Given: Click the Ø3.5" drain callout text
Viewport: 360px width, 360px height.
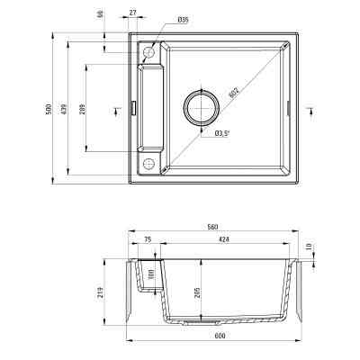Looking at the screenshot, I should pos(220,133).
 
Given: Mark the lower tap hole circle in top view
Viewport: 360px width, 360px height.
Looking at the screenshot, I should pos(149,162).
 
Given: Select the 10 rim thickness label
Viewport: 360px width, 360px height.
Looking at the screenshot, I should pos(309,246).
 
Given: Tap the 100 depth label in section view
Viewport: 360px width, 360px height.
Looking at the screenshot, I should pos(152,274).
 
